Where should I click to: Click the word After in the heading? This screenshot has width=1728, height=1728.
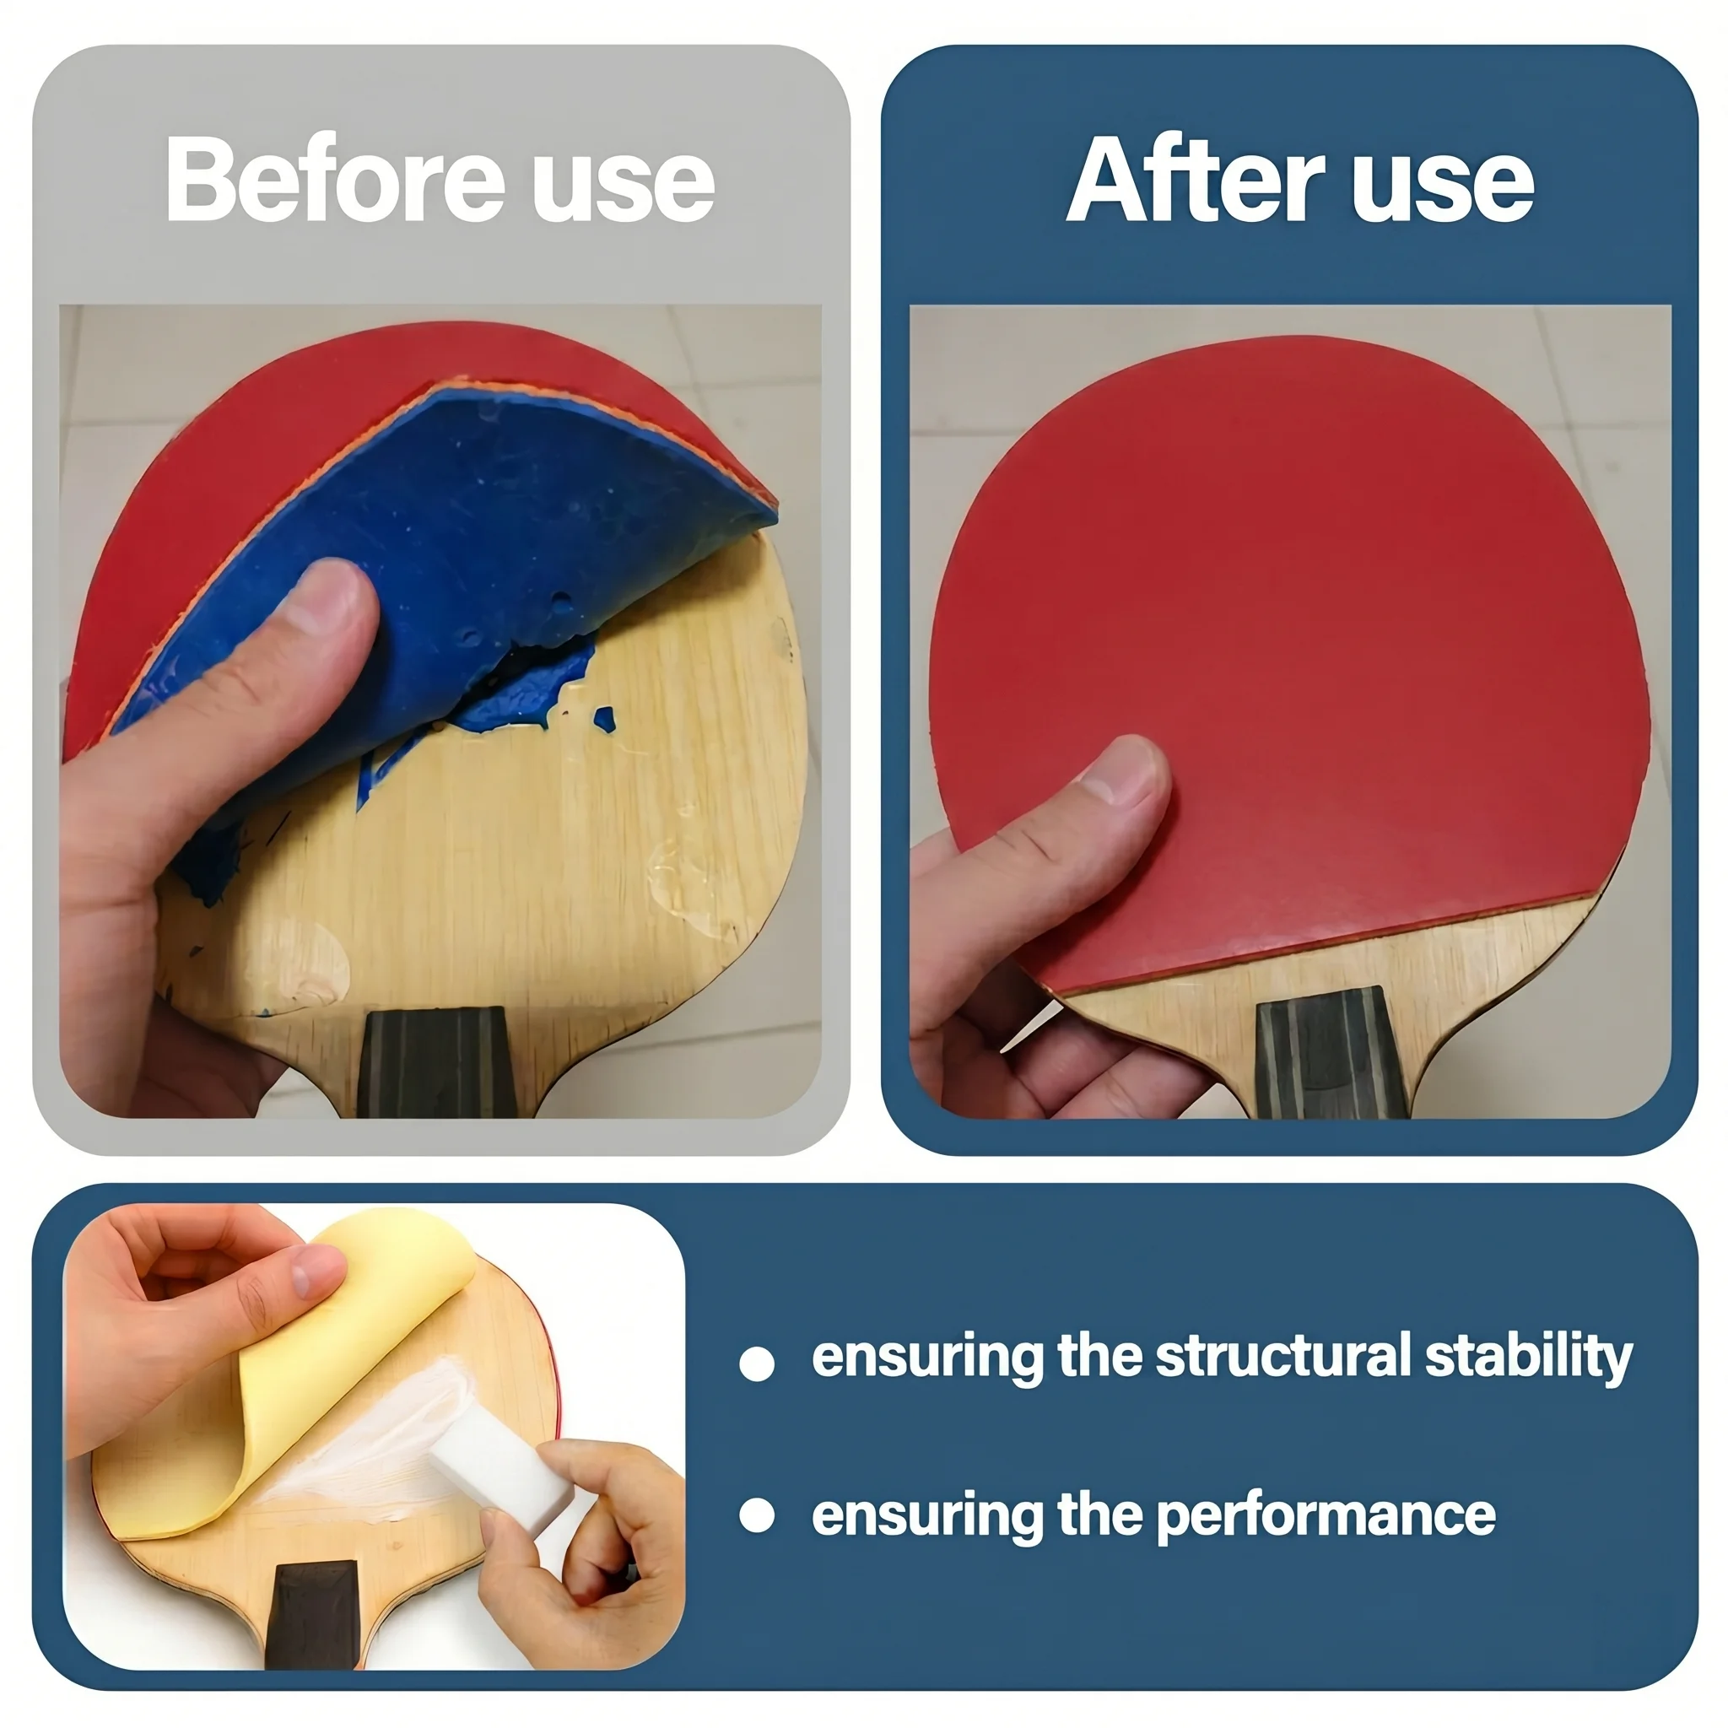pos(1195,179)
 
